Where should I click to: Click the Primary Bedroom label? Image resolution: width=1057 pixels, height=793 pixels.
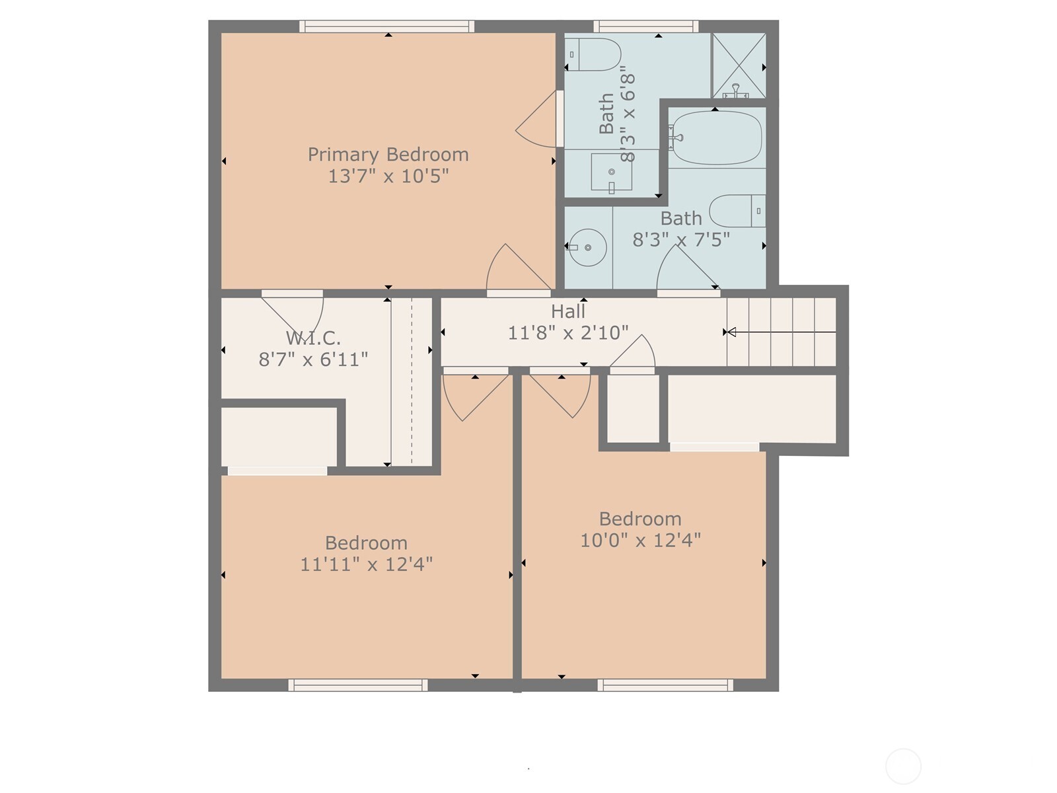coord(388,155)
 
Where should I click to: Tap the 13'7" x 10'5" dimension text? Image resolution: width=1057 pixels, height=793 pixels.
coord(388,176)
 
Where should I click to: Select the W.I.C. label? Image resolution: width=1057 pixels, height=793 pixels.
coord(314,338)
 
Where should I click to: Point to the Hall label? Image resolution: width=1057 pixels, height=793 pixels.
coord(568,311)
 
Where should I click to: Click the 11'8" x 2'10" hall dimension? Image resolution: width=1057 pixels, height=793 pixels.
coord(568,332)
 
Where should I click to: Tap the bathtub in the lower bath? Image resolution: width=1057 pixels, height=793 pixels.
coord(717,137)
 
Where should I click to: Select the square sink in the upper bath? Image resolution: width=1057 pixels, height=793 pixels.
coord(612,172)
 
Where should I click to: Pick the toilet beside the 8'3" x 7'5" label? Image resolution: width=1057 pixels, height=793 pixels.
coord(737,211)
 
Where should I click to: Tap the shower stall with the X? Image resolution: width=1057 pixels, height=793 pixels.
coord(739,65)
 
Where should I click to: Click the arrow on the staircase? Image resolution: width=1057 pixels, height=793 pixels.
coord(781,332)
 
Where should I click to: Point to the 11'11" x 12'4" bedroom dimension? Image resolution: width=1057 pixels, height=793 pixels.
coord(367,564)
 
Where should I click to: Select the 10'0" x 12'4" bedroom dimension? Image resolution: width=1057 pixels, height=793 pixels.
coord(640,540)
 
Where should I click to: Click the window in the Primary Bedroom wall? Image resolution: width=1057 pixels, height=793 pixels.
coord(386,26)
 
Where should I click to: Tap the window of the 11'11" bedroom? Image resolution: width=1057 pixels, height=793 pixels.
coord(358,685)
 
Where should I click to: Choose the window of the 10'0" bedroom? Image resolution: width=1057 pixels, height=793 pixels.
coord(665,685)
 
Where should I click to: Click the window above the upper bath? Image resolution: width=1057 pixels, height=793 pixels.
coord(645,26)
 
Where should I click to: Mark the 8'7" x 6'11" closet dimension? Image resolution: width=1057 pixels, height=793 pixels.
coord(314,359)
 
